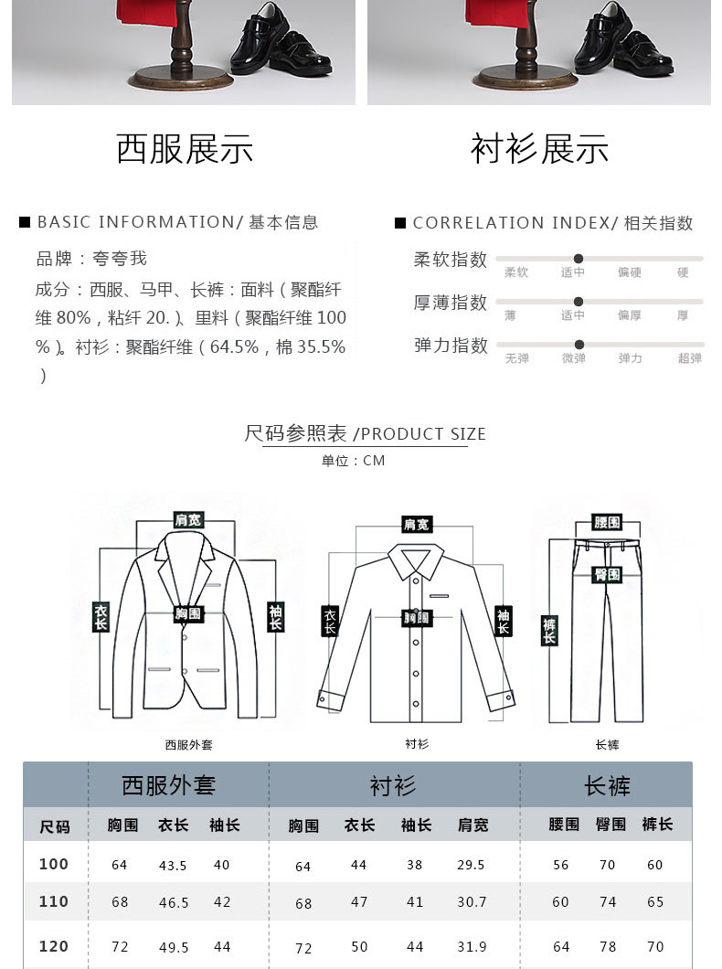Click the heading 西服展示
pos(184,149)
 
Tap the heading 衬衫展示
pos(539,149)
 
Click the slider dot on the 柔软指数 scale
pos(579,259)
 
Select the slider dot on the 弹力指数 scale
pos(579,345)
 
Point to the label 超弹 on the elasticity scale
pos(690,358)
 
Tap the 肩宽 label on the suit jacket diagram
pos(188,520)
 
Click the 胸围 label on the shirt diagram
pos(417,618)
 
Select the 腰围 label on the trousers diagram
pos(607,522)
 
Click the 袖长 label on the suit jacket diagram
pos(275,617)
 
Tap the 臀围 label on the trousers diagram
pos(607,574)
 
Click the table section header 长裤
pos(607,785)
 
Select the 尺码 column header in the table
pos(55,826)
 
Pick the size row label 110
pos(54,901)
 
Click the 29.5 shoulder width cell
pos(471,865)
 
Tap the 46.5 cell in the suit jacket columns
pos(173,902)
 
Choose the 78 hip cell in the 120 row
pos(608,947)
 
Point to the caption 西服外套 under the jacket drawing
pos(188,745)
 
